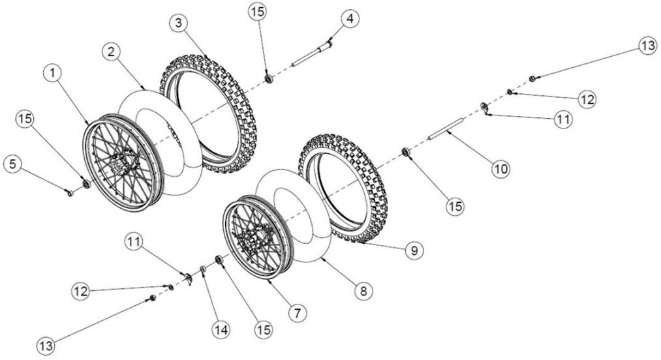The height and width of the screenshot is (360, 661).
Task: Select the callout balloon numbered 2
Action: pyautogui.click(x=112, y=51)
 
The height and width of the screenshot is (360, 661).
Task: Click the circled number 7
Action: pyautogui.click(x=298, y=313)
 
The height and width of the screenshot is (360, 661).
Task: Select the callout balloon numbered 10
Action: pyautogui.click(x=500, y=169)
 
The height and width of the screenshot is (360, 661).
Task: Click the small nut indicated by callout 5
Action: pyautogui.click(x=69, y=192)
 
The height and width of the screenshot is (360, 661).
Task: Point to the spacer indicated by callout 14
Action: pyautogui.click(x=204, y=269)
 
